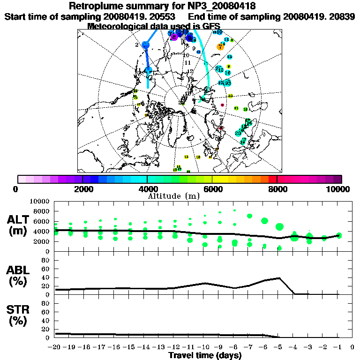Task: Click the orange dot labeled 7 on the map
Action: point(220,46)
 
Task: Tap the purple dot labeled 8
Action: point(174,37)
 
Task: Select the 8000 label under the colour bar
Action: point(277,189)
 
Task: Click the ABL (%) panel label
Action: point(18,276)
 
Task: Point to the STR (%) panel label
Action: point(18,315)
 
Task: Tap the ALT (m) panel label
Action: point(18,225)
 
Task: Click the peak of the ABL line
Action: point(279,278)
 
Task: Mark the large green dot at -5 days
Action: point(280,227)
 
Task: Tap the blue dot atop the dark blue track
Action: point(145,45)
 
